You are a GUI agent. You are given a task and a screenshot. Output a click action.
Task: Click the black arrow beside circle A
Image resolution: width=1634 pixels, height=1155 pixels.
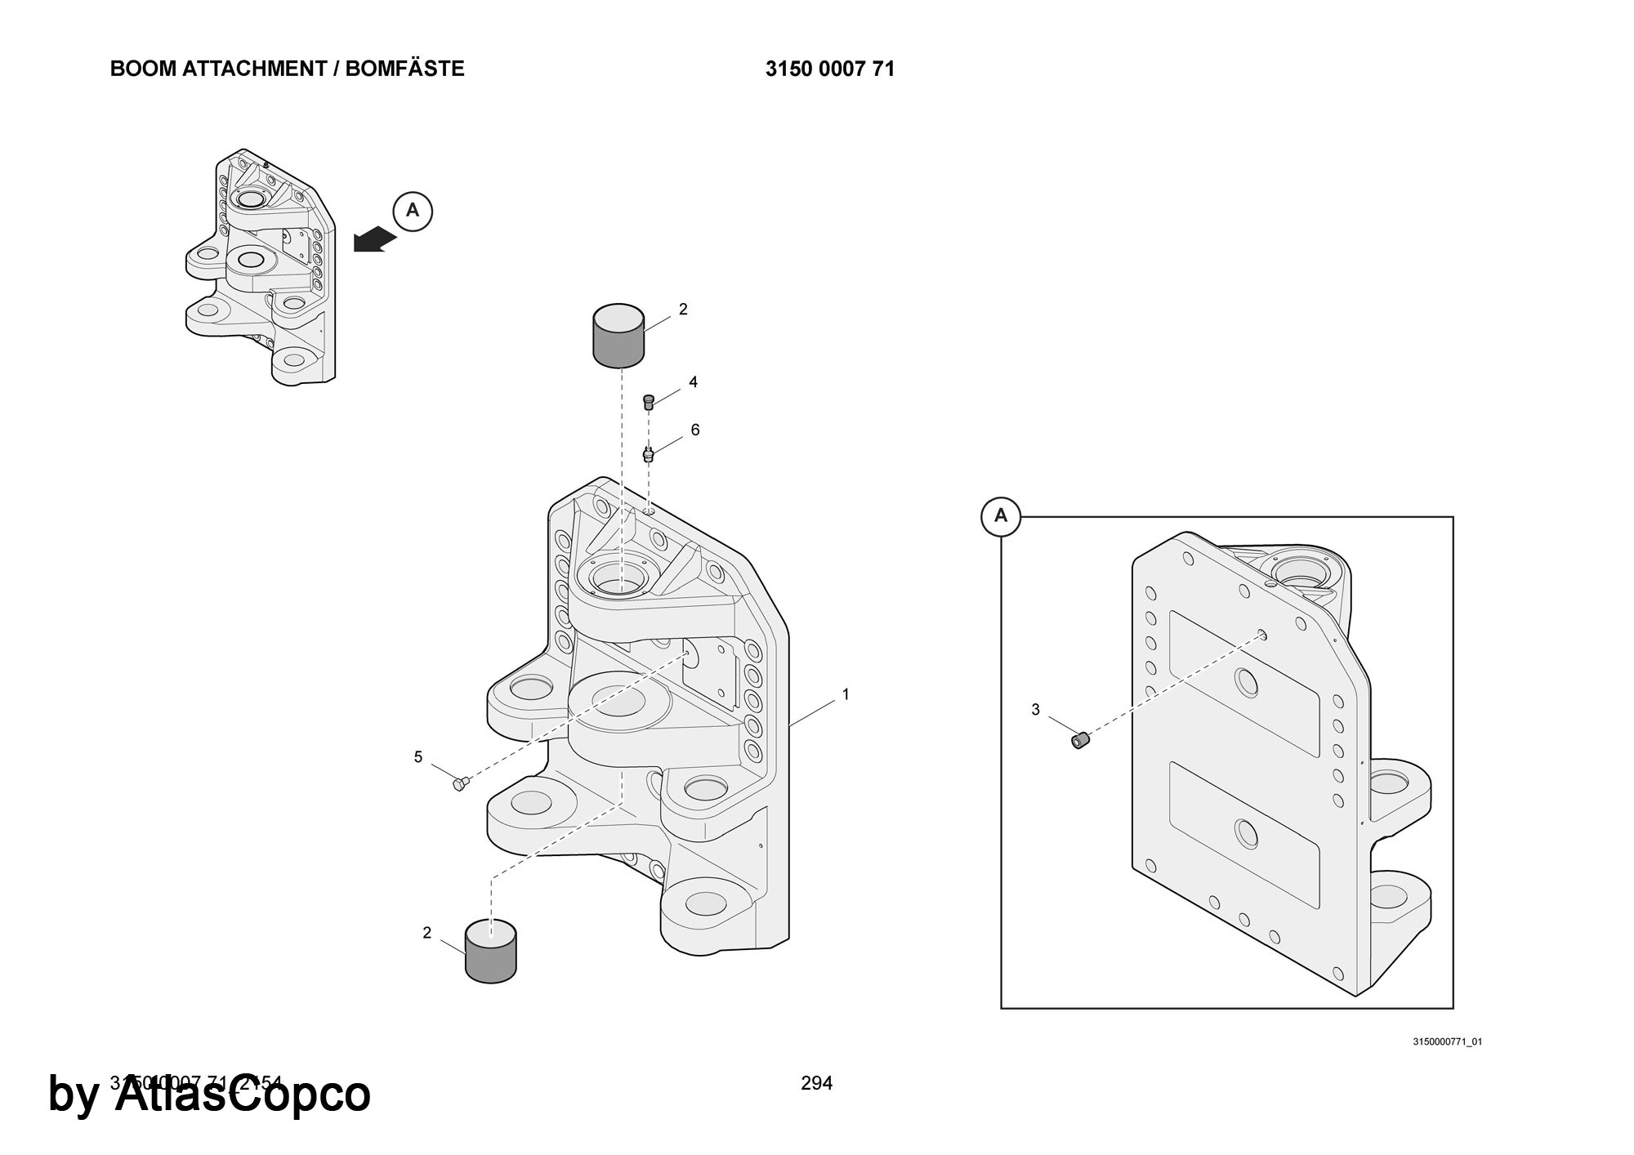(375, 240)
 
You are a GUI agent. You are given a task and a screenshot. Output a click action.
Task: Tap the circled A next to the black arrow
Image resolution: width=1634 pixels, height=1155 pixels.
(413, 211)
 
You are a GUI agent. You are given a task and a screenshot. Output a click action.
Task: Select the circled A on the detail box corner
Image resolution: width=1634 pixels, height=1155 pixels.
(1001, 516)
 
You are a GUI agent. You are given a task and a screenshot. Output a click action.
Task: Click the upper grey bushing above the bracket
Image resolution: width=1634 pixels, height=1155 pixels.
(618, 336)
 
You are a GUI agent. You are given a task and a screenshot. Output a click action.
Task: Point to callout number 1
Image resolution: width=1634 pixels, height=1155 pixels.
(846, 694)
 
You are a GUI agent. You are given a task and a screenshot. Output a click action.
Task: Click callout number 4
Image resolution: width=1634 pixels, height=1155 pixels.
(693, 381)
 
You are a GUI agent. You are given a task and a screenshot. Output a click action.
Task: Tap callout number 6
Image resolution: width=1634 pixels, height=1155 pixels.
(695, 430)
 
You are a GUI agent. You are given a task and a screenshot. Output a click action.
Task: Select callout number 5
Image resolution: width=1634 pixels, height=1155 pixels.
(418, 757)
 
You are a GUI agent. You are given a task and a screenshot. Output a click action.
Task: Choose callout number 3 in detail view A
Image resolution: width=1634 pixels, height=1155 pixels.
(1035, 710)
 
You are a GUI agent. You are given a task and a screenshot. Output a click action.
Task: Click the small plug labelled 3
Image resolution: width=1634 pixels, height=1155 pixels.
(1081, 740)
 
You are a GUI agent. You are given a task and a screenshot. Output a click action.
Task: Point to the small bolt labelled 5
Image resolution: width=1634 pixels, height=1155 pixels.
(460, 784)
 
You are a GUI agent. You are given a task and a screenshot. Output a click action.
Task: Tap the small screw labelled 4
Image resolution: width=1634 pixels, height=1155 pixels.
(650, 402)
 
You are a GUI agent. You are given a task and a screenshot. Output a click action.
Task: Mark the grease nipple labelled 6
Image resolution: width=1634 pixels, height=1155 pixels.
(649, 454)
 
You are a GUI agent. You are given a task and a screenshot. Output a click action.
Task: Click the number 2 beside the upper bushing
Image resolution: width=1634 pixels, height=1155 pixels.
(683, 309)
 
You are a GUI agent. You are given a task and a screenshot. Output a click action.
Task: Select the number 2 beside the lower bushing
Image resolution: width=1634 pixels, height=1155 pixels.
(426, 933)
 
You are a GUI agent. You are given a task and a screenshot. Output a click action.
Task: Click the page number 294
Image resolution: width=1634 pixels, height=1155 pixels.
(817, 1083)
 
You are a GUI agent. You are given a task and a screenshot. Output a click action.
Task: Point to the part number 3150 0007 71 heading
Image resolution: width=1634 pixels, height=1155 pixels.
(830, 69)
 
